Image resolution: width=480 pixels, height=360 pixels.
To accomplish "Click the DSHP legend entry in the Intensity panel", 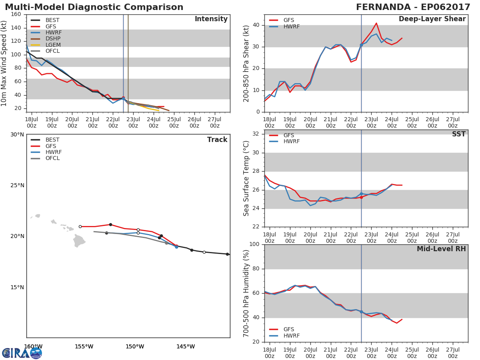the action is click(46, 39).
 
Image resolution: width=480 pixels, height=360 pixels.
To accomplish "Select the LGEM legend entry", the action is click(46, 45).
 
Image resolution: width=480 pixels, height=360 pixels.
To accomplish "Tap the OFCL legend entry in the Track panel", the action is click(45, 158).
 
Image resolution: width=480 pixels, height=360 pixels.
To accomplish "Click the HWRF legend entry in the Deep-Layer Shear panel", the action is click(284, 26).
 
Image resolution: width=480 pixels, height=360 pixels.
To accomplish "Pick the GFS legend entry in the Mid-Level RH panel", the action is click(282, 329).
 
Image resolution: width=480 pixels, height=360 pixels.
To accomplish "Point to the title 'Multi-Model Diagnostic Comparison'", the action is click(94, 7).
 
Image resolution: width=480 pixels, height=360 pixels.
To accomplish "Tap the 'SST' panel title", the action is click(458, 134).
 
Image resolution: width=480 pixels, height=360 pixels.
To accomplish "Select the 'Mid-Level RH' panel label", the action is click(441, 249).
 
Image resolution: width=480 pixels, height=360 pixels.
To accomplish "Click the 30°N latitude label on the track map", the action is click(17, 135).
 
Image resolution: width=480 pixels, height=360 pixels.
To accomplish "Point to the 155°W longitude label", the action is click(84, 346).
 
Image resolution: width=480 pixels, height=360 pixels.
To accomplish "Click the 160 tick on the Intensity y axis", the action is click(16, 14).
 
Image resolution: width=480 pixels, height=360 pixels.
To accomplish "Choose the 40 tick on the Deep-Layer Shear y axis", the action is click(256, 25).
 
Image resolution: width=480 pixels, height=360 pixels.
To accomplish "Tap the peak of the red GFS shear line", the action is click(376, 23).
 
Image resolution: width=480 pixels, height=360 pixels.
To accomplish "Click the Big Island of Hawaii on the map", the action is click(79, 241).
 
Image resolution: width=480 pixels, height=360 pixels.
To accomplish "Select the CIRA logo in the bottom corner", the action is click(22, 353).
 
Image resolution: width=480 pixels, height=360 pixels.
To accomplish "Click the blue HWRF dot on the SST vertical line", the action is click(361, 194).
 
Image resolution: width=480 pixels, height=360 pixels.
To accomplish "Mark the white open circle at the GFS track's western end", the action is click(80, 227).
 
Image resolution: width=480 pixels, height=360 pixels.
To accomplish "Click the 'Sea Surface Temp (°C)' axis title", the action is click(246, 178).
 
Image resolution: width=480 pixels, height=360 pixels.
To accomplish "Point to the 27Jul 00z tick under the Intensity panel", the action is click(214, 122).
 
